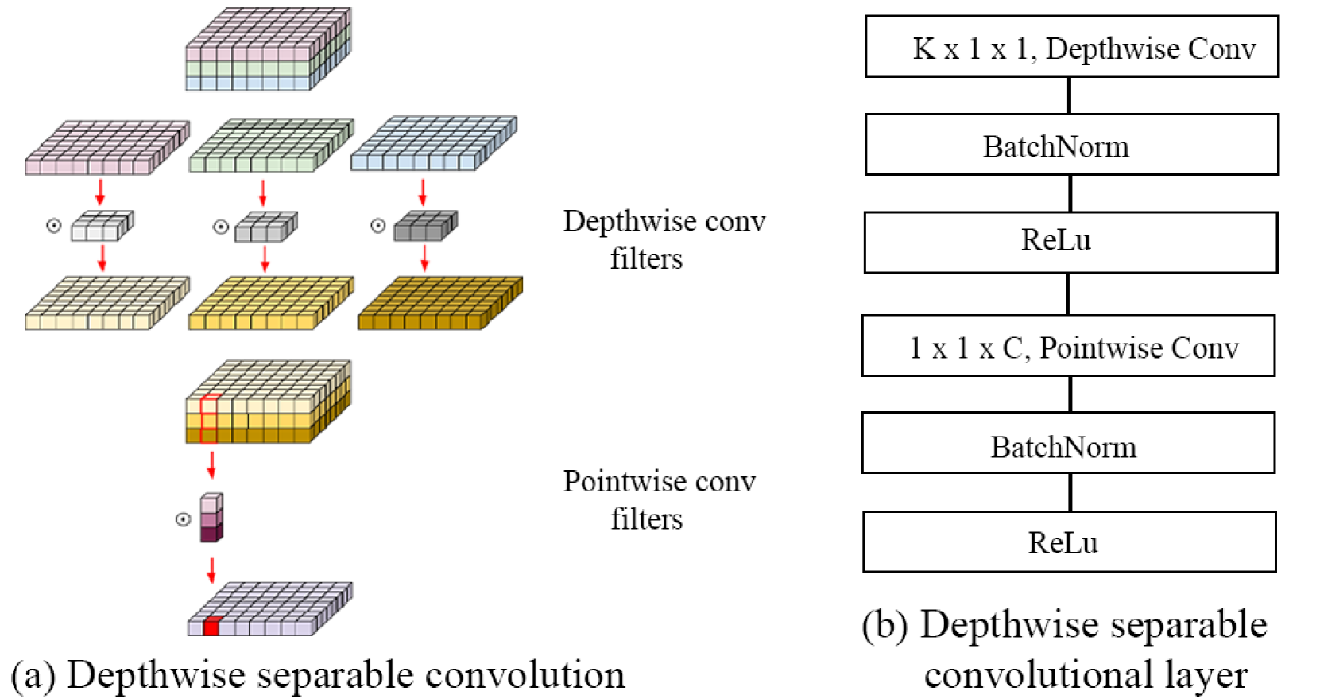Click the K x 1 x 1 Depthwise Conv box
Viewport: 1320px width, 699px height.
(1072, 47)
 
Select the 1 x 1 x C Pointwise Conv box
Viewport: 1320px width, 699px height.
(1068, 346)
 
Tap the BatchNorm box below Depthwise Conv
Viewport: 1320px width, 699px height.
(1072, 145)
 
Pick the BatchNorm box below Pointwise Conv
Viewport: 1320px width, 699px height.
(1068, 443)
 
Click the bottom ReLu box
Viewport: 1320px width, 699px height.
(1070, 542)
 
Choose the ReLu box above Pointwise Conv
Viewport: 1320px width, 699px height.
(1070, 243)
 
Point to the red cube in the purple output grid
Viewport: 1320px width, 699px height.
(212, 626)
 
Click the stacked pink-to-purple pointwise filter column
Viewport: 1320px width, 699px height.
(211, 518)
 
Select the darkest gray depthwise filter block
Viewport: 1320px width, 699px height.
(425, 225)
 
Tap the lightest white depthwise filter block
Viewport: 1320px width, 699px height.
(103, 225)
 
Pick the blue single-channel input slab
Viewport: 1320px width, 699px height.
(434, 143)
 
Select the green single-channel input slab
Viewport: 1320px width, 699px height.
(271, 146)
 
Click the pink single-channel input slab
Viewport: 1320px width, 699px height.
(107, 147)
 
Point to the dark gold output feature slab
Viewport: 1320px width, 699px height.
(440, 303)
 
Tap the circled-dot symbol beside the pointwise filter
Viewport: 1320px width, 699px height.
(184, 520)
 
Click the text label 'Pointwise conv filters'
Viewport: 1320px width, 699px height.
(660, 499)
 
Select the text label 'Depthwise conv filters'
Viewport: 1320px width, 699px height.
(664, 239)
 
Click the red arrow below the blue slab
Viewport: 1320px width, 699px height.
(423, 192)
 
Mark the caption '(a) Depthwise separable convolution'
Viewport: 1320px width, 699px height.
(318, 674)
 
